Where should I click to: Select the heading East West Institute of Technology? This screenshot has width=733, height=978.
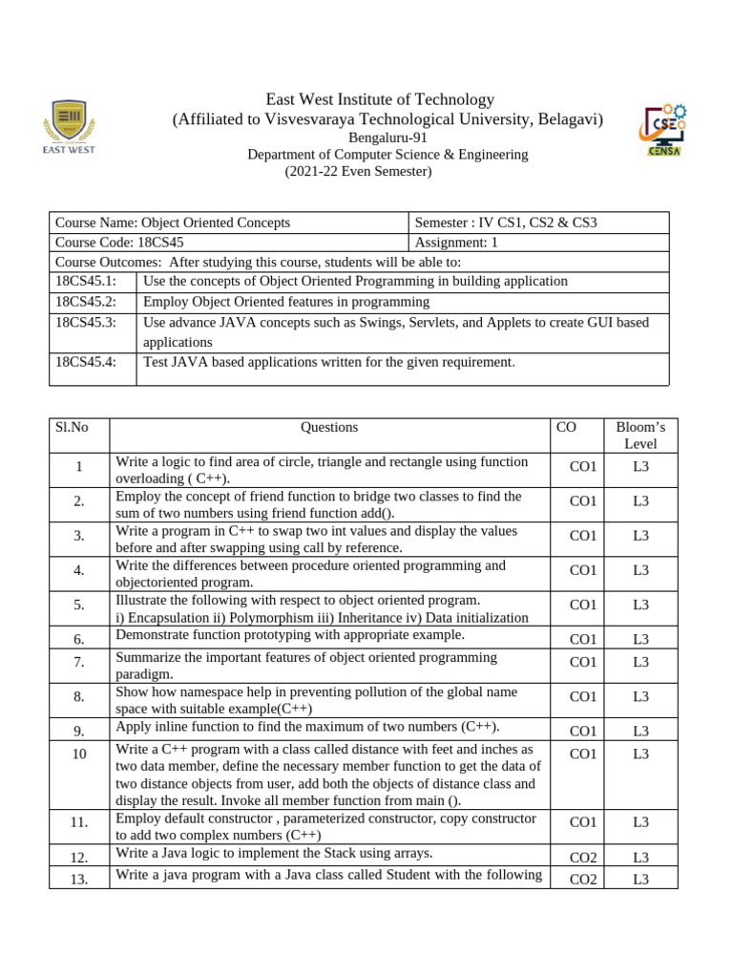(380, 99)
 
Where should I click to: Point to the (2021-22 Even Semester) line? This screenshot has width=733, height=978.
(359, 172)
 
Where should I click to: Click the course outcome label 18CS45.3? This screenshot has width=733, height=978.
(86, 323)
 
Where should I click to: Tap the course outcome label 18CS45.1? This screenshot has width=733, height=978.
(86, 281)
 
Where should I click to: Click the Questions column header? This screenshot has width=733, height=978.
(329, 428)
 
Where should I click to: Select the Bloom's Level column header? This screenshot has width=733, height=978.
(640, 436)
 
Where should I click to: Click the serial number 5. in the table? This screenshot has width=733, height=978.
(79, 605)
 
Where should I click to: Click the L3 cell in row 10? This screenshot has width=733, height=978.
(640, 754)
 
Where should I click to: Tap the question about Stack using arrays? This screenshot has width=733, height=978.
(274, 853)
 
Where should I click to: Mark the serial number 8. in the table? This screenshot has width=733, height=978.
(79, 697)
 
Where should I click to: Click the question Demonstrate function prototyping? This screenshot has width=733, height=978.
(290, 635)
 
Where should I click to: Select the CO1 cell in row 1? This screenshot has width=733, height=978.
(582, 466)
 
